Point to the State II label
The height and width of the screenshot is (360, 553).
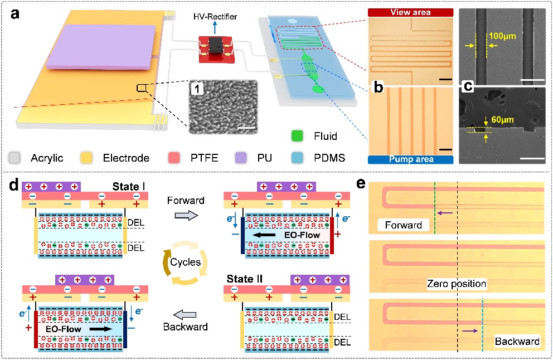(247, 278)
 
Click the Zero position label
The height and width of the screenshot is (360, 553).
(457, 284)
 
